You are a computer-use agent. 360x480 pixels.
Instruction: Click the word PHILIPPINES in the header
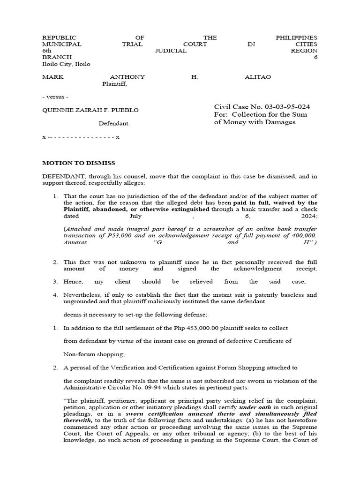[296, 37]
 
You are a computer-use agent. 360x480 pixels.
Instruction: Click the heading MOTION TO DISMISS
[79, 163]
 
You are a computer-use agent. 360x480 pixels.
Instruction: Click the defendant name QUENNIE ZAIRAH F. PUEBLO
[90, 110]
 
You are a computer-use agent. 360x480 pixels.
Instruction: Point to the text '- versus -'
[55, 97]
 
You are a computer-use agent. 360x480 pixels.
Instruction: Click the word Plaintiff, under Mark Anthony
[114, 84]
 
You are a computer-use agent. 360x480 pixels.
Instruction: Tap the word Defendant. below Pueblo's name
[114, 124]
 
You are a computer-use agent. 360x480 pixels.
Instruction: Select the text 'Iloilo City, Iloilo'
[67, 64]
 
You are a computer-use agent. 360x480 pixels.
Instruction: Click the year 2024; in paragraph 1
[307, 217]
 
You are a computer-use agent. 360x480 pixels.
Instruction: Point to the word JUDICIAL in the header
[171, 51]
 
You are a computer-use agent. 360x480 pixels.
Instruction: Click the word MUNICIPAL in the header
[62, 44]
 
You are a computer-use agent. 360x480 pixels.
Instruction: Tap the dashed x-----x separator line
[81, 137]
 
